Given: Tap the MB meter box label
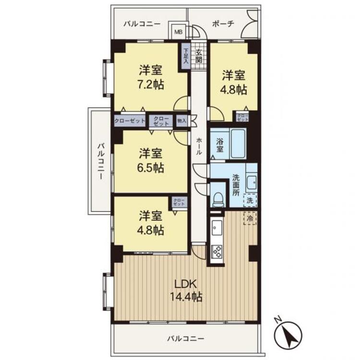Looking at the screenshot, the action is coord(179,32).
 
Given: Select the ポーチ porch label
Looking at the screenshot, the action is coord(223,24).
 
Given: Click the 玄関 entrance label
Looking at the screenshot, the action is coord(199,57).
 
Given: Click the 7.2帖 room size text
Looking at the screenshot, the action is coord(151,85).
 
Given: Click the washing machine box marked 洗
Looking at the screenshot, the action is coord(250,201).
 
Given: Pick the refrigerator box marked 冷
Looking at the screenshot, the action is coord(250,218).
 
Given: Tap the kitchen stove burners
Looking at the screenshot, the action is coord(217,252).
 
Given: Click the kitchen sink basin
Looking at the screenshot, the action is coord(217,228).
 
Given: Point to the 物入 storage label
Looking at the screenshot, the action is coord(182,120).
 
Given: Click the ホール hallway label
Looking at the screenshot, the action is coord(199,146).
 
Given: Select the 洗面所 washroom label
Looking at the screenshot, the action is coord(236,185).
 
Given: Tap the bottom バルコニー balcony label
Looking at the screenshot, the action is coord(185,339).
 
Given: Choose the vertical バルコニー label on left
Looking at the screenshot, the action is coord(101,161).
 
